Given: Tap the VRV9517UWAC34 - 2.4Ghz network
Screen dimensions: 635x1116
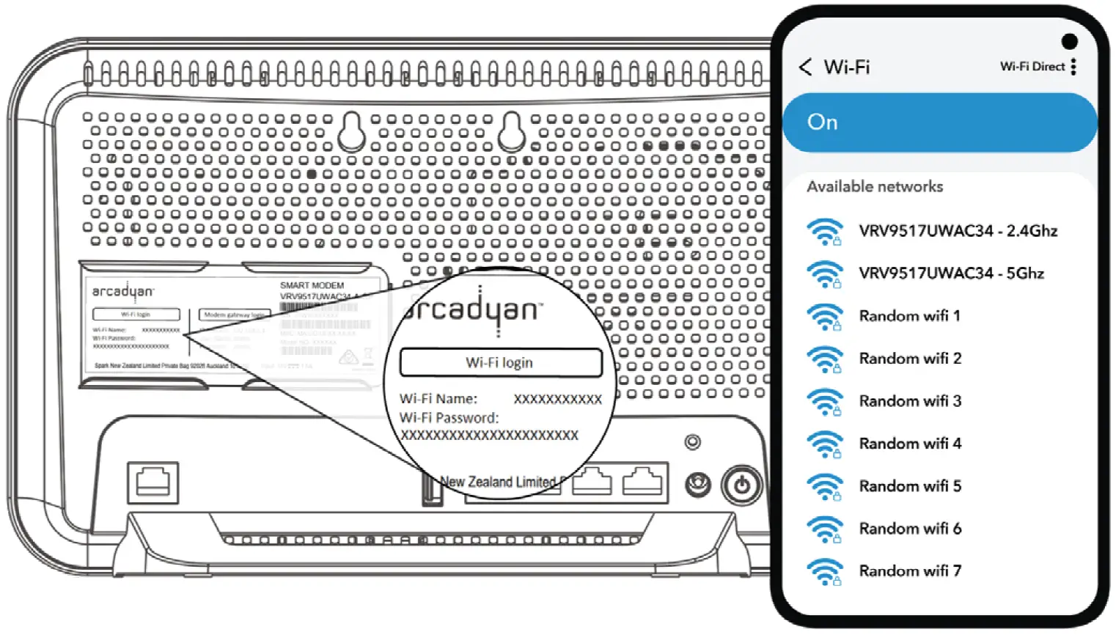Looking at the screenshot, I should (958, 231).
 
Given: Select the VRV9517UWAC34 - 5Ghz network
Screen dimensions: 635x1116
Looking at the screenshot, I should (951, 274).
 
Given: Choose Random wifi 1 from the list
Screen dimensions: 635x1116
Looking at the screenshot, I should (909, 316).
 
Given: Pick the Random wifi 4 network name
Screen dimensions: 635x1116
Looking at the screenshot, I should (910, 444).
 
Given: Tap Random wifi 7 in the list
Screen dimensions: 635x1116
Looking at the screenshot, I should (910, 571).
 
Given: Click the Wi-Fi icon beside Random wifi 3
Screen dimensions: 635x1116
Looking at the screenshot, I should (825, 402).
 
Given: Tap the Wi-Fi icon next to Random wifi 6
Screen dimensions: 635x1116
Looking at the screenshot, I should (825, 529).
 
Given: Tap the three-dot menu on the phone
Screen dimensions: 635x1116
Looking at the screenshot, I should (1073, 67).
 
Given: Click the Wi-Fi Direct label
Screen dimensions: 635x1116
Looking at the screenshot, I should (1032, 67).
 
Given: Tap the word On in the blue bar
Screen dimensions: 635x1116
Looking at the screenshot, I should (822, 122).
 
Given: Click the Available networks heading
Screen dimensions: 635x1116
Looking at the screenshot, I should (875, 187).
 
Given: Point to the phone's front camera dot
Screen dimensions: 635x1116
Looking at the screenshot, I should (1069, 41).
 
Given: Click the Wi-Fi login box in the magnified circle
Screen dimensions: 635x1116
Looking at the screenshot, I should (500, 362).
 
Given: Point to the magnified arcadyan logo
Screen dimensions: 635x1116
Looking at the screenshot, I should (473, 310).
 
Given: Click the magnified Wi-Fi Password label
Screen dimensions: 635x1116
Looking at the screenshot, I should (449, 418).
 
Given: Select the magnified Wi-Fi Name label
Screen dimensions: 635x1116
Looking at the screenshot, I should (438, 399).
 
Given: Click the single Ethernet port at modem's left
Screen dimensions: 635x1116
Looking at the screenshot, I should (153, 482).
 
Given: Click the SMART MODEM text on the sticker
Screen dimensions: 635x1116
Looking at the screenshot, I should (312, 285).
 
